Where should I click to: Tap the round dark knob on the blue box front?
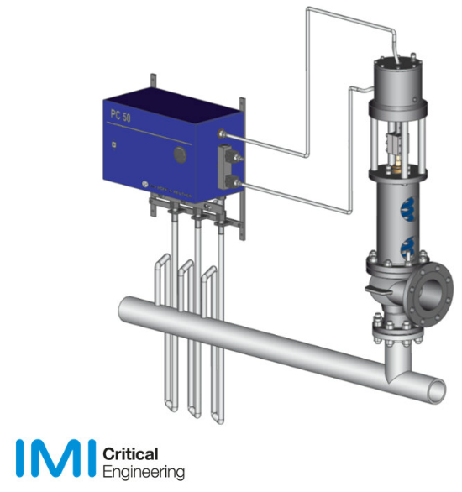pos(179,154)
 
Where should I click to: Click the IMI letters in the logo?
pos(52,457)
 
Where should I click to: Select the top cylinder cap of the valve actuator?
pos(394,63)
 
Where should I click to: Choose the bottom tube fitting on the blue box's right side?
pos(241,181)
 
